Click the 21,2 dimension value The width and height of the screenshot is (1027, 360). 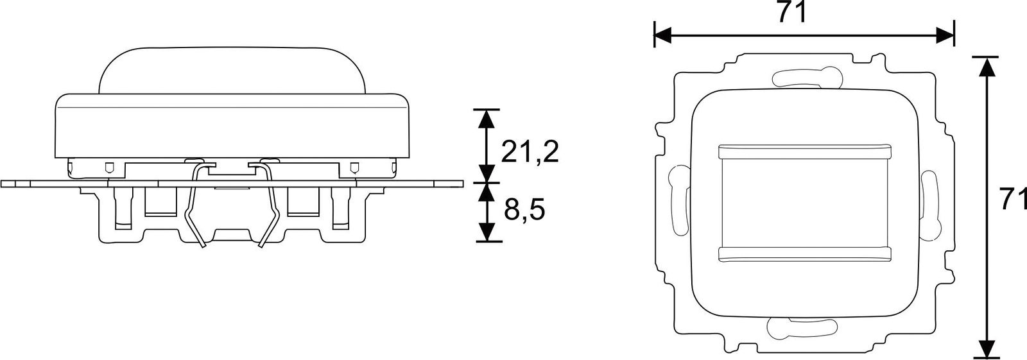(x=530, y=151)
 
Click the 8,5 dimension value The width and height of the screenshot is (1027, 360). (x=524, y=209)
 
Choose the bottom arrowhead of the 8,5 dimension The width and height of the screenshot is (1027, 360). (x=488, y=232)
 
